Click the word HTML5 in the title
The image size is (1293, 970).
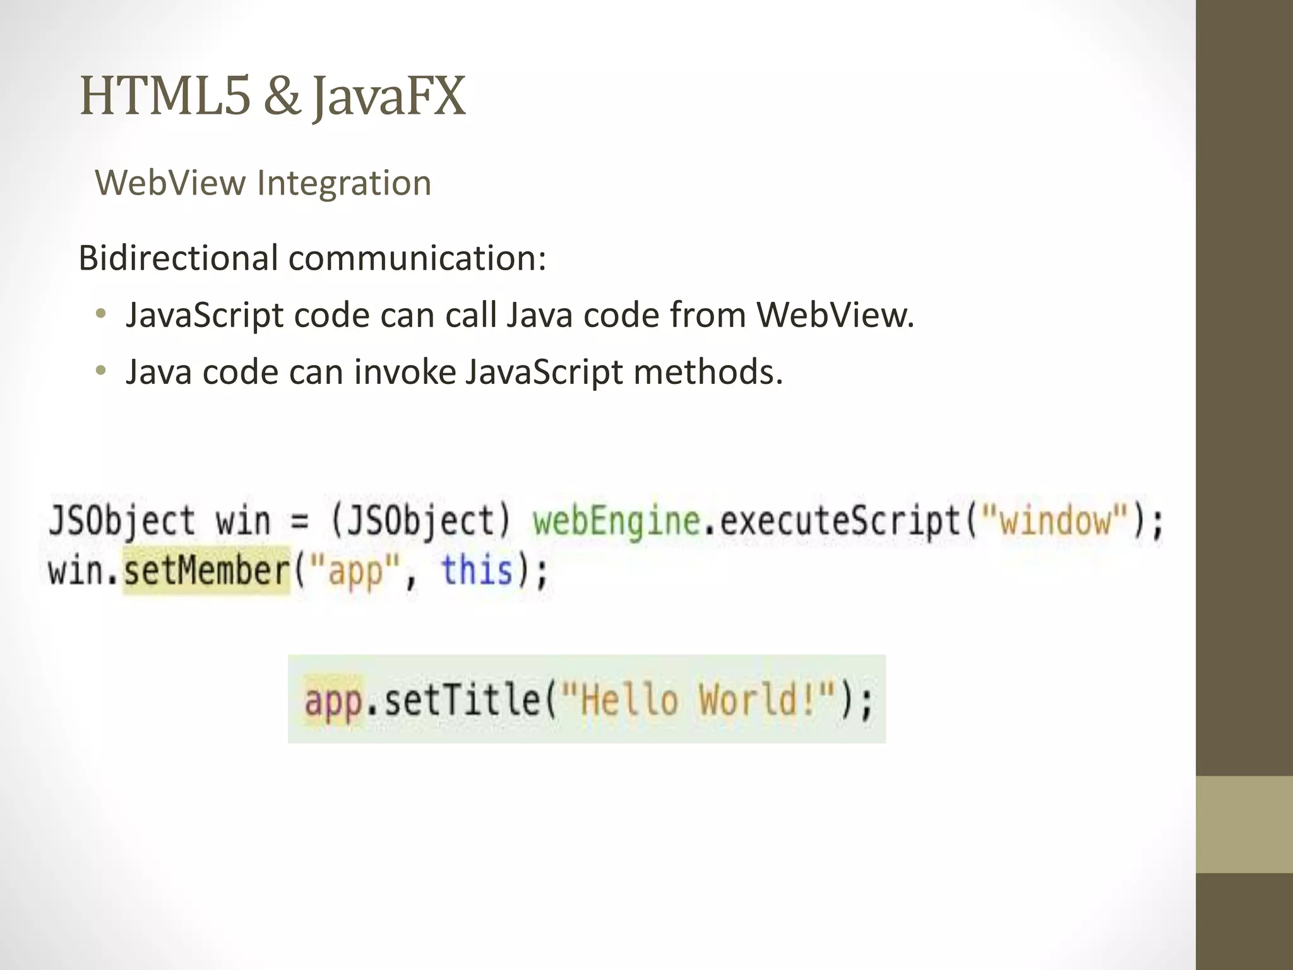[165, 97]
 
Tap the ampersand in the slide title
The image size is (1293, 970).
[282, 97]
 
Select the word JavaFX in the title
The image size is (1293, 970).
[390, 97]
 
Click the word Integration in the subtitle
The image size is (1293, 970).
[344, 183]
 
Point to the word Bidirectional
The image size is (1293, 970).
[178, 258]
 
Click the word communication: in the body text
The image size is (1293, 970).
[417, 258]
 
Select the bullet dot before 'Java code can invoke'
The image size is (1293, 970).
[100, 371]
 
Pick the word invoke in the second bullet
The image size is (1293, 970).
[405, 371]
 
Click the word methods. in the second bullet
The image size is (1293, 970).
[708, 371]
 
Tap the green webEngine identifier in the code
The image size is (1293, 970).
[616, 522]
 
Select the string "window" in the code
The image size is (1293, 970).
[1054, 522]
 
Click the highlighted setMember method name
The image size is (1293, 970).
[206, 571]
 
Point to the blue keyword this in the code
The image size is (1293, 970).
[477, 571]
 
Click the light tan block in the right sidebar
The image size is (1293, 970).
[1244, 824]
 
